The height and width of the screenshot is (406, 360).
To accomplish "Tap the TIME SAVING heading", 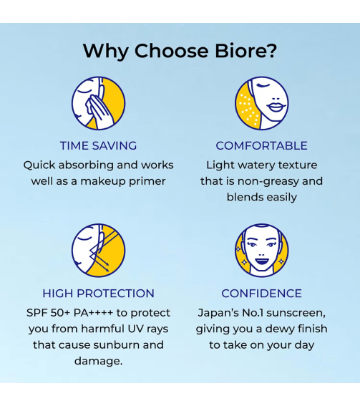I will click(98, 145).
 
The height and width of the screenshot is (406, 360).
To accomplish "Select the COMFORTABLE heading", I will click(261, 145).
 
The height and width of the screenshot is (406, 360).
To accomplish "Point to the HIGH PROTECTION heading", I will click(98, 293).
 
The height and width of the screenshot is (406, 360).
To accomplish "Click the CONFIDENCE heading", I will click(261, 293).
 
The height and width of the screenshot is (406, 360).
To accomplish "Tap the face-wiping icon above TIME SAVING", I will click(98, 103).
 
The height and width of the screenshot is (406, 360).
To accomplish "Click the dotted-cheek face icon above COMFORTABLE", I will click(261, 103).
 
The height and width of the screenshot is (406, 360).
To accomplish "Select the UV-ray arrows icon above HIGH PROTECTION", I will click(98, 250).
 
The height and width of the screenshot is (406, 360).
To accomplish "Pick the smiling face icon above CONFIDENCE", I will click(261, 250).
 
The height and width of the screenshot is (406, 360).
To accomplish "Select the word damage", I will click(98, 361).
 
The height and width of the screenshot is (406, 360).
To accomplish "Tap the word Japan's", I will click(219, 313).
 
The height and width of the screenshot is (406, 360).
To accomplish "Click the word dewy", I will click(276, 329).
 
